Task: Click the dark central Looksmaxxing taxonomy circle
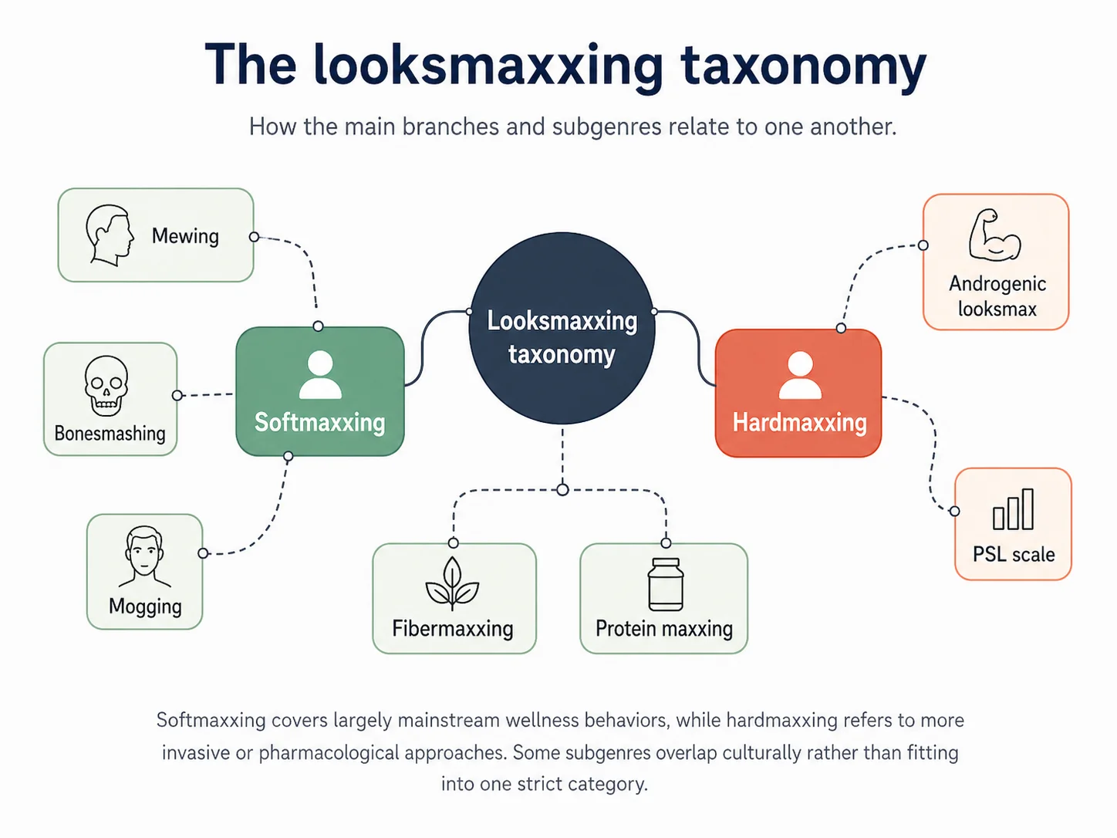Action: click(x=562, y=328)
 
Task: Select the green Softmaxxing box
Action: click(x=320, y=391)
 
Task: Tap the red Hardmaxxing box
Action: click(x=798, y=393)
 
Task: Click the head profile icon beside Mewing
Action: click(x=109, y=235)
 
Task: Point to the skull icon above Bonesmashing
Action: click(x=106, y=385)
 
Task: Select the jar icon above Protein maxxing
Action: click(x=665, y=584)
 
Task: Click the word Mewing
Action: click(x=185, y=236)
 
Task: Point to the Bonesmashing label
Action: click(x=110, y=434)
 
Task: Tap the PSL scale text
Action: click(x=1013, y=554)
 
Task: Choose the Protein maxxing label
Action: click(x=664, y=629)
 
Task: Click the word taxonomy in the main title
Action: click(x=803, y=66)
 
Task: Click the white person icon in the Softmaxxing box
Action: click(x=320, y=375)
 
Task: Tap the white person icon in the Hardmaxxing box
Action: click(x=800, y=376)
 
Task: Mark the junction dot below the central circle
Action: click(x=562, y=490)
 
